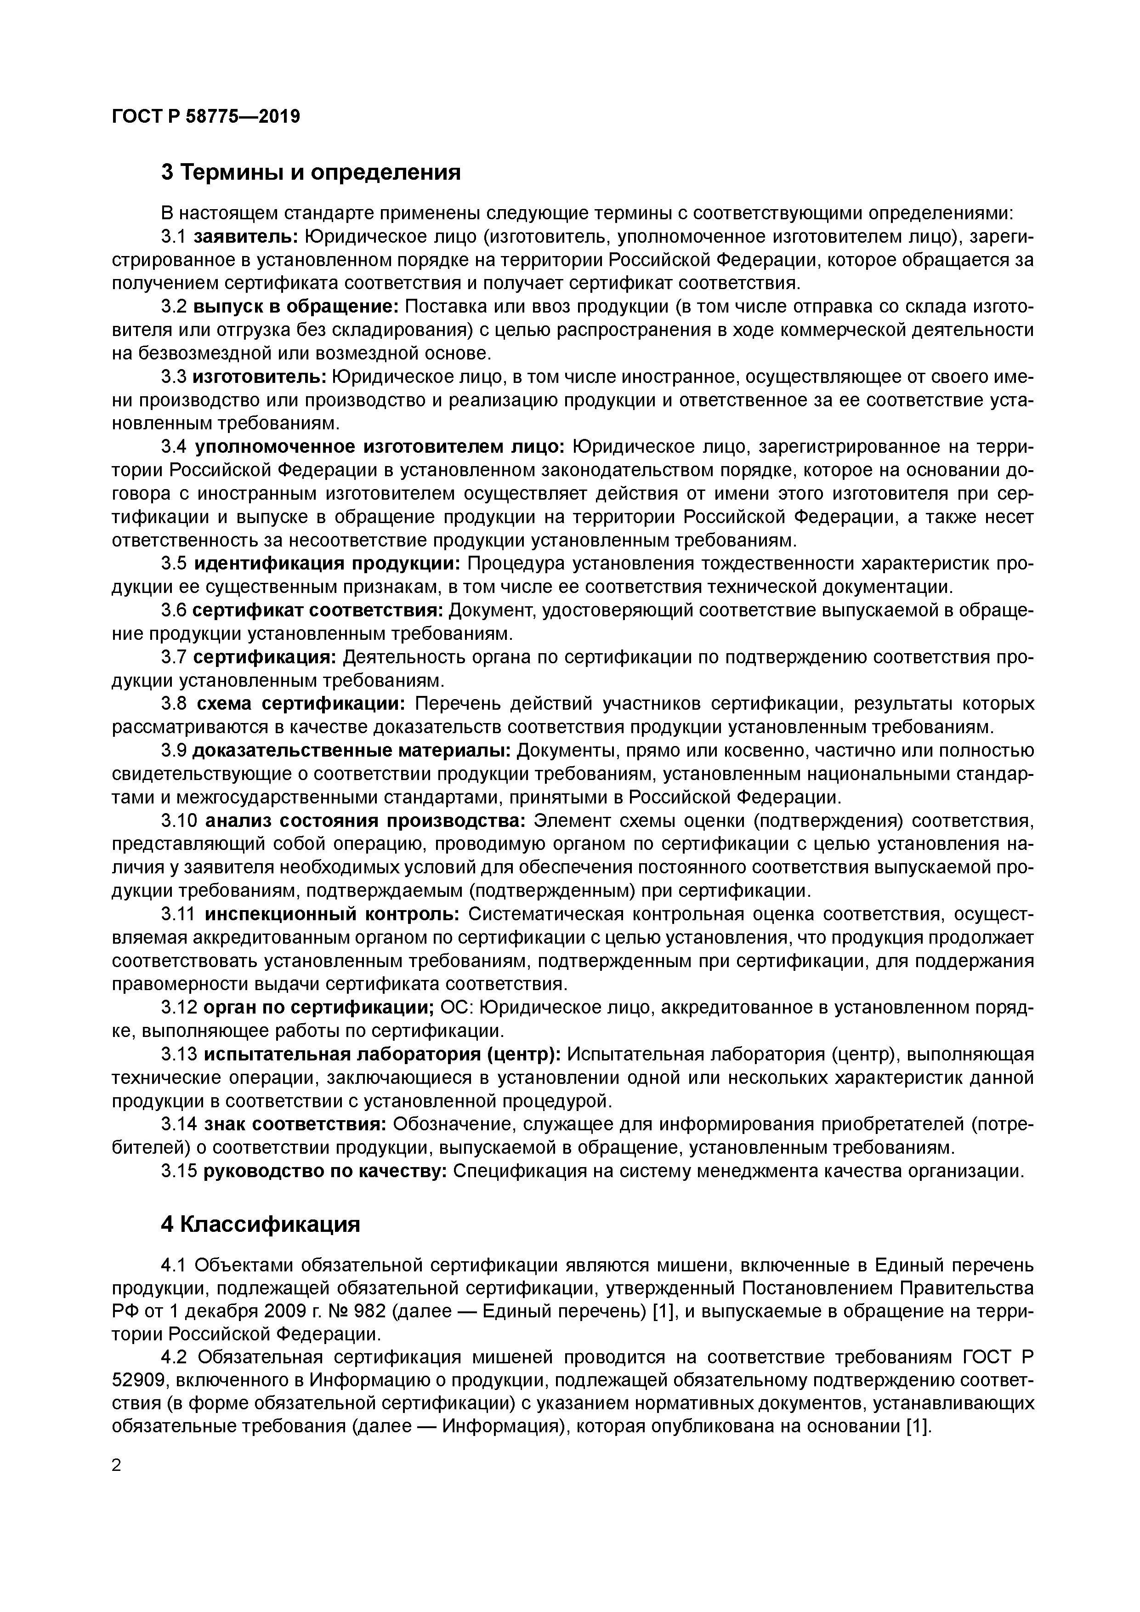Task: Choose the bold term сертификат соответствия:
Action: coord(318,611)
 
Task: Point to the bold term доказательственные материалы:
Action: coord(352,751)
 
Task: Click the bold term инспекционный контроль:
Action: coord(332,914)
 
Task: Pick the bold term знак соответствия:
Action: coord(295,1124)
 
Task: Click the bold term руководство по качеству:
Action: coord(325,1171)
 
